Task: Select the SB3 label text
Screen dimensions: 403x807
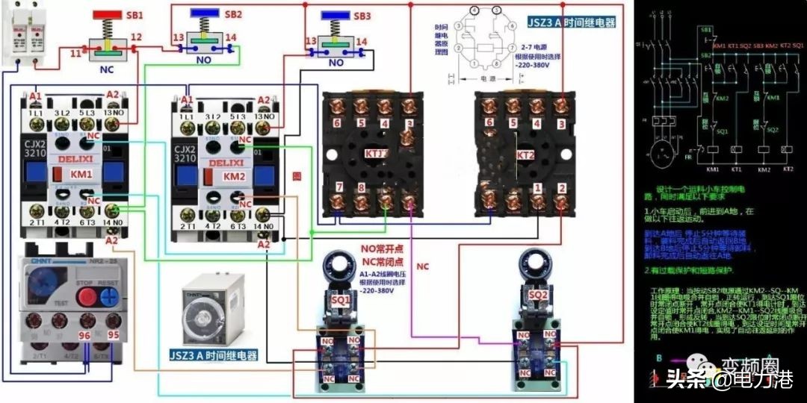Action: [x=362, y=16]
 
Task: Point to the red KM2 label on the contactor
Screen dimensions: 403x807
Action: [x=234, y=176]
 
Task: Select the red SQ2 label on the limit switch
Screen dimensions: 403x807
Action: [x=538, y=296]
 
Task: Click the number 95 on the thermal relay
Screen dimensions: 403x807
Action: [x=113, y=336]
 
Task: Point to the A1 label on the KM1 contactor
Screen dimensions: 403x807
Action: [x=35, y=96]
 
